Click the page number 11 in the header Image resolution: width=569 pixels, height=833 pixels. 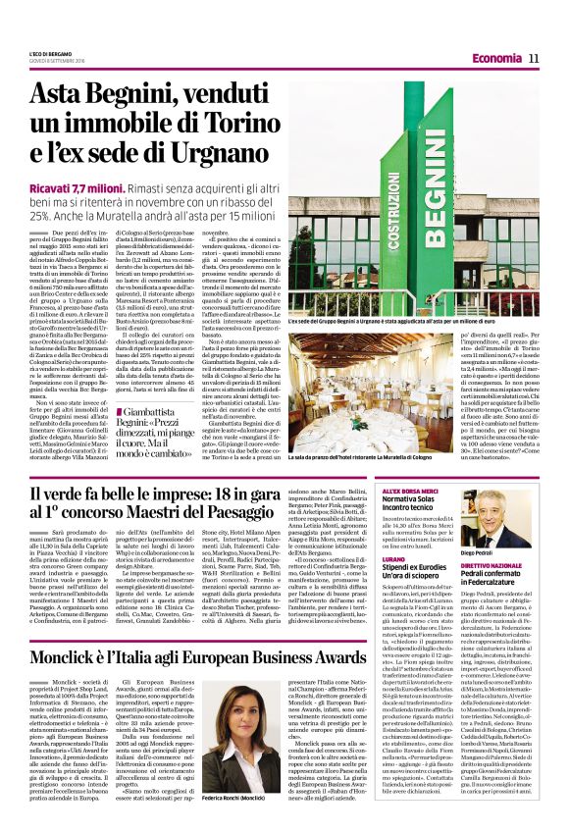(x=535, y=58)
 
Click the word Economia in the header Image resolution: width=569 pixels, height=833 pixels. (x=490, y=59)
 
